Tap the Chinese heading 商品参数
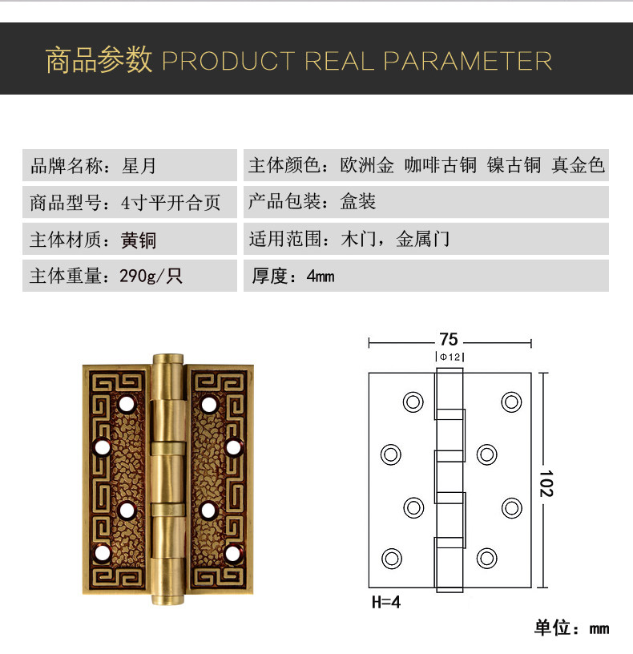(x=99, y=61)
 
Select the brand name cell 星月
(x=139, y=166)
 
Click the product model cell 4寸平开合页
(x=171, y=203)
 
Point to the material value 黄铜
(x=139, y=240)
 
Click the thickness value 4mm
(x=320, y=277)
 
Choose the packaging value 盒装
(x=358, y=203)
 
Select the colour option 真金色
(x=577, y=166)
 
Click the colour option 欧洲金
(x=367, y=166)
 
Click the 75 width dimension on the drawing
(x=449, y=339)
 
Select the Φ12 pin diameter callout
(x=450, y=357)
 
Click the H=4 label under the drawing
(x=385, y=602)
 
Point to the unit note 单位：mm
(x=571, y=628)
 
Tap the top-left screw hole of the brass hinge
(x=127, y=403)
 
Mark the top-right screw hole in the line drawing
(x=510, y=401)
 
